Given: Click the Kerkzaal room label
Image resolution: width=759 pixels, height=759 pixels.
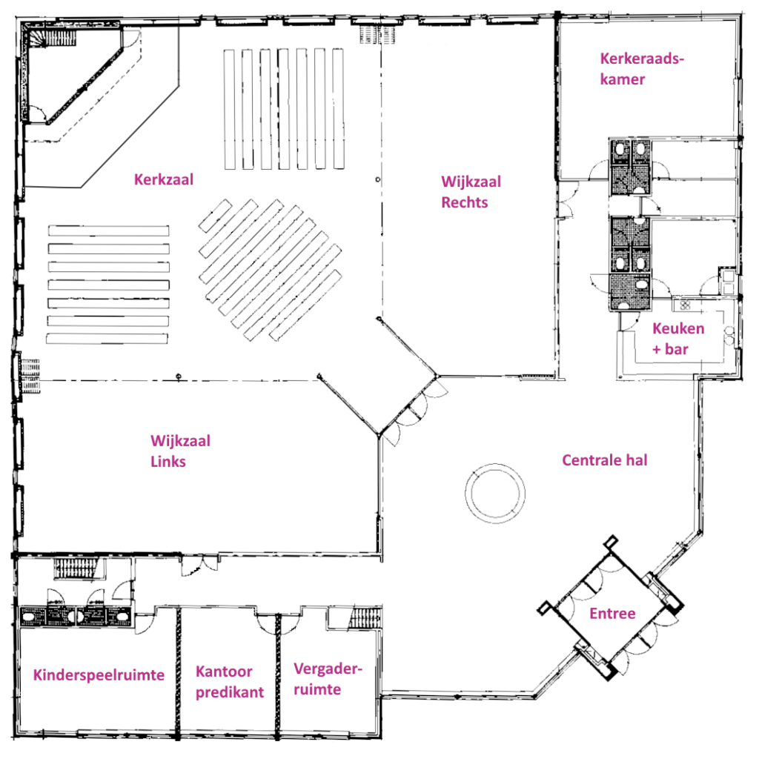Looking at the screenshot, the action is (x=164, y=179).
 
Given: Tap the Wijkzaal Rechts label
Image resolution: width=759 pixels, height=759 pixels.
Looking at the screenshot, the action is (x=471, y=192).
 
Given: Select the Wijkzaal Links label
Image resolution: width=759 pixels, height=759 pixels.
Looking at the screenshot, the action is (x=180, y=451).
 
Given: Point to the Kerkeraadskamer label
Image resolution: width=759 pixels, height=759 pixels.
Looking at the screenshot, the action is (x=642, y=69).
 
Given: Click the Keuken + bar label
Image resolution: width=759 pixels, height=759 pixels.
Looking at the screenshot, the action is (x=678, y=338).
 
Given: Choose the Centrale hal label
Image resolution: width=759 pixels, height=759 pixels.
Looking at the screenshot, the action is (x=605, y=460).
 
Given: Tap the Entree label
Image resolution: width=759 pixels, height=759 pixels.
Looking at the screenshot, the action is (x=612, y=613).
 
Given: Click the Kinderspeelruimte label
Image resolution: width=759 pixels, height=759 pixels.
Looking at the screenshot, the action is (x=99, y=675).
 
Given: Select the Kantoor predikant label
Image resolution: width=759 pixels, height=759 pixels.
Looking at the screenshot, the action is (x=230, y=682).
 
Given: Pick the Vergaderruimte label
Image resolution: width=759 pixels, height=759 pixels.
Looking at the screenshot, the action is (x=328, y=679).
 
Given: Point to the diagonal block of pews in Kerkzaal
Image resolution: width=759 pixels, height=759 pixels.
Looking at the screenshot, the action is (x=270, y=270).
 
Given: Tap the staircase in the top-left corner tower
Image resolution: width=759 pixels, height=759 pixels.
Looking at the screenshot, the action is (x=53, y=38).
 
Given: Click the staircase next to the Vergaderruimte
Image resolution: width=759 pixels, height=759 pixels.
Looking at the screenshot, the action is (x=365, y=618).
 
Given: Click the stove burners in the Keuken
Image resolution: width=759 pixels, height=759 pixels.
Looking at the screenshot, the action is (x=685, y=305).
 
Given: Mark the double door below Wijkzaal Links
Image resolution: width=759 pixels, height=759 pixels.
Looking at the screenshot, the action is (x=199, y=565).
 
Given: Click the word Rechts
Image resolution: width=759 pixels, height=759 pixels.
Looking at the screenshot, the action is (x=464, y=202).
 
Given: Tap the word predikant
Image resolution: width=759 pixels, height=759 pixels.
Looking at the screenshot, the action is (x=230, y=692).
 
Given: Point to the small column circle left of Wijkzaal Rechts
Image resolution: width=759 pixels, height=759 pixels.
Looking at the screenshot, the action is (x=377, y=179).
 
